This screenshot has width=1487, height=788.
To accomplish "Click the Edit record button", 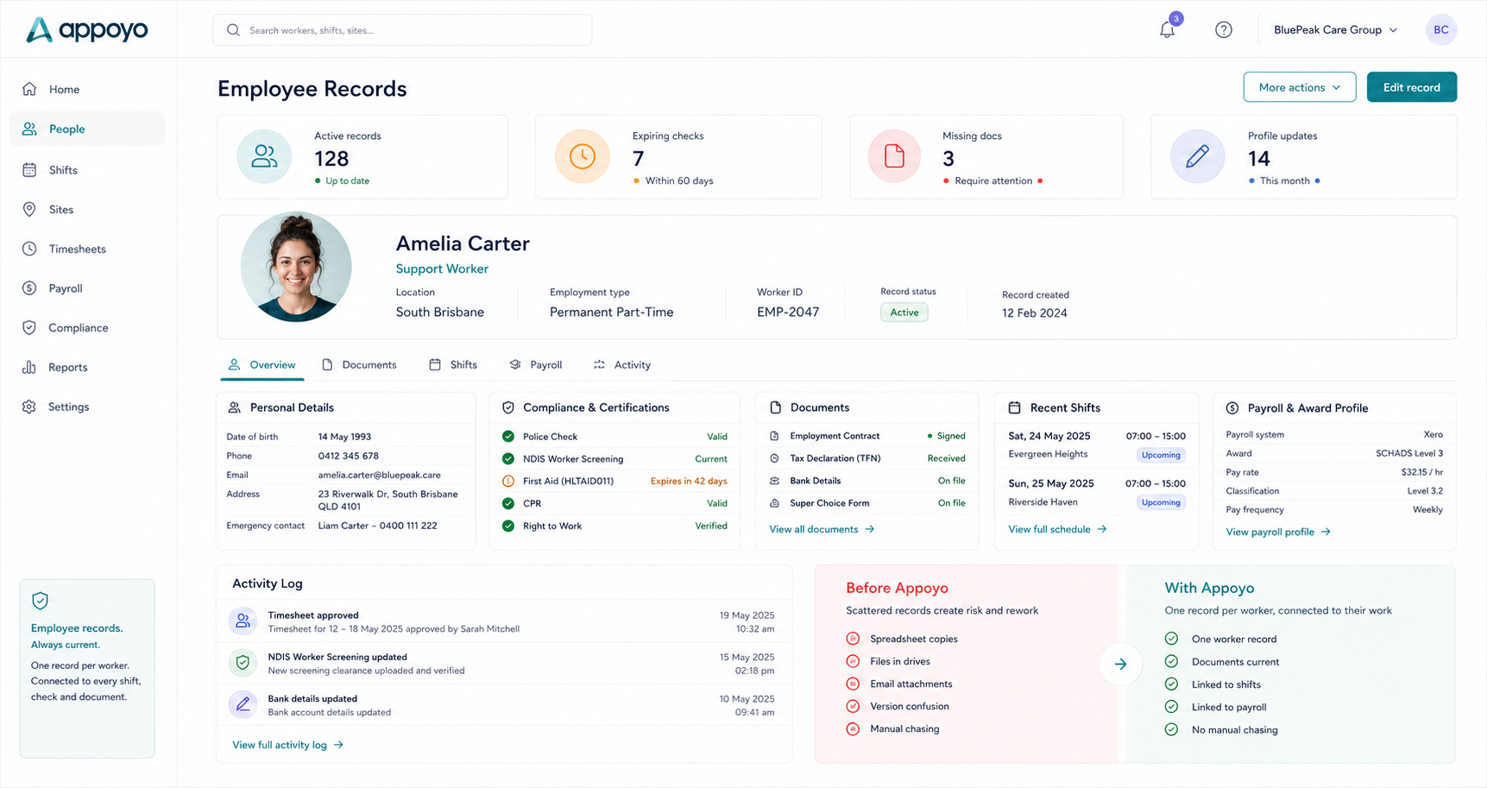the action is coord(1411,87).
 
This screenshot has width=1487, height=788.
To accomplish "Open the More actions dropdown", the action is coord(1299,87).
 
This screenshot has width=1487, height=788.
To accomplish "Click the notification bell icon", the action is coord(1167,29).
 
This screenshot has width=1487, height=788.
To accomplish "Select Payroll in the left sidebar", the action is coord(66,288).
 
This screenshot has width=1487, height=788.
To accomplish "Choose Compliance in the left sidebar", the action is coord(78,328).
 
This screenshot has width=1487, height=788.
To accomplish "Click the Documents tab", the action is coord(359,365).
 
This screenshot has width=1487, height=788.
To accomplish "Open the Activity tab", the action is coord(622,365).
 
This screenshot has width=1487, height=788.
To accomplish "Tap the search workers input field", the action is coord(402,30).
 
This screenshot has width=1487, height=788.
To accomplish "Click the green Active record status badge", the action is coord(904,312).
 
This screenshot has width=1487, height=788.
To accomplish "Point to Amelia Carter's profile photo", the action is coord(296,267).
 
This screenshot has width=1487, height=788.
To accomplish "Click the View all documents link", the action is coord(822,529).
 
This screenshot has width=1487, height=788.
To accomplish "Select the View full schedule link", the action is coord(1057,529).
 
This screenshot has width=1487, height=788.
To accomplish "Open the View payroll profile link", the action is coord(1278,532).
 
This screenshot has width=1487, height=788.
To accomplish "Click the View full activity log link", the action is coord(287,745).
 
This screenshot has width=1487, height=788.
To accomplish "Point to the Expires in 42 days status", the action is coord(689,481).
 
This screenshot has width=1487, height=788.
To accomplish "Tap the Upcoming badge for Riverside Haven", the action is coord(1161,502).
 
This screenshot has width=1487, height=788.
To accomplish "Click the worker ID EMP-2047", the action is coord(788,312).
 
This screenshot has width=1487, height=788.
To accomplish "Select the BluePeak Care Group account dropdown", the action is coord(1335,29).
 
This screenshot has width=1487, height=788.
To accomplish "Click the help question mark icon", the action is coord(1224,29).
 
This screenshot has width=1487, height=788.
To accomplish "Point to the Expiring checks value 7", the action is coord(639,159).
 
